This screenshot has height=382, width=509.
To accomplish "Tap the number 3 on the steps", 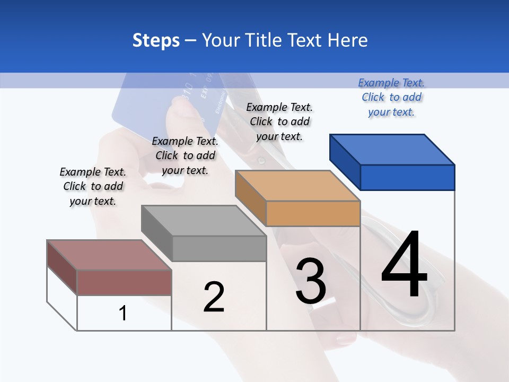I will [x=311, y=282].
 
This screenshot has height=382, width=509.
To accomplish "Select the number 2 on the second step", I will [x=214, y=297].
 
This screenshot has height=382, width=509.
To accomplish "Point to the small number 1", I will [x=123, y=314].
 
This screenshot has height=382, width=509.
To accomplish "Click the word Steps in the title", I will [x=156, y=40].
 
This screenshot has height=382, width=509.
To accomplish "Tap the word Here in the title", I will [x=348, y=40].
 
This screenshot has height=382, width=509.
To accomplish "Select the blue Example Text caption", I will [x=391, y=97].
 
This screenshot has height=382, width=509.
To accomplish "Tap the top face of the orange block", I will [x=297, y=186].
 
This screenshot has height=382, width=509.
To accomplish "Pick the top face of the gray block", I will [x=204, y=221].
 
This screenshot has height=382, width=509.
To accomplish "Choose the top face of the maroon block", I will [x=109, y=255].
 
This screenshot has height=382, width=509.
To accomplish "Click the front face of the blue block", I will [x=407, y=177].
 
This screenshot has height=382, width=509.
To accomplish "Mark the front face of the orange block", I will [x=313, y=213].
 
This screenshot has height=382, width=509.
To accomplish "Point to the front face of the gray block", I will [x=219, y=248].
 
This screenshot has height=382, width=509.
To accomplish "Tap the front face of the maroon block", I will [x=124, y=282].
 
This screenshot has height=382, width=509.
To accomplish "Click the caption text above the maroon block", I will [x=93, y=186].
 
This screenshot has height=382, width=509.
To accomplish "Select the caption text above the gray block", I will [x=185, y=155].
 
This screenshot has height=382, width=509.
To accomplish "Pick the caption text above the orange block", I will [x=279, y=121].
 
